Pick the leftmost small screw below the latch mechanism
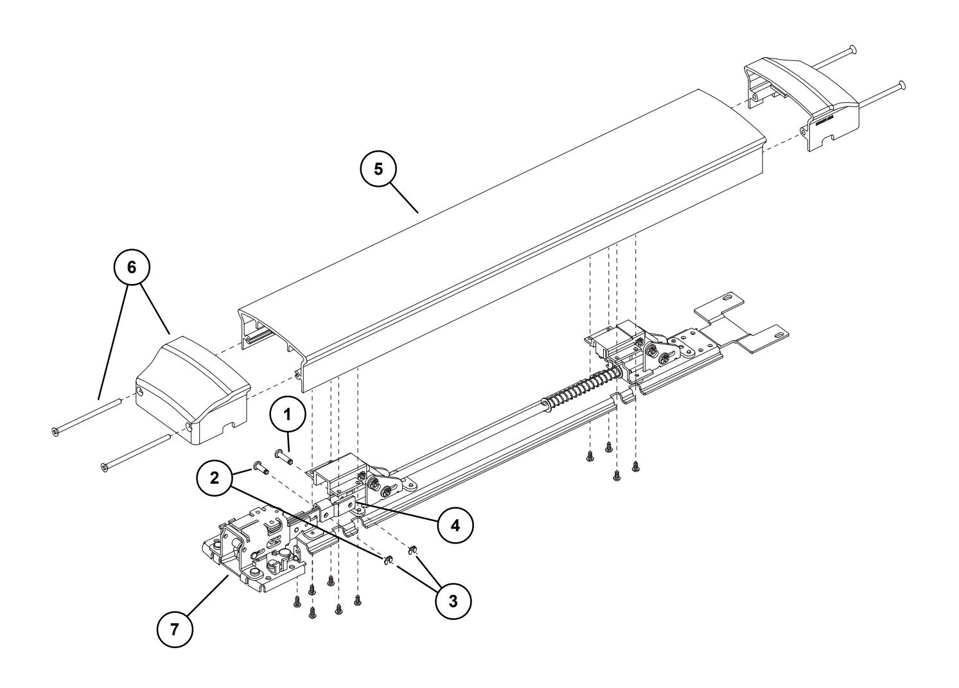(297, 602)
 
